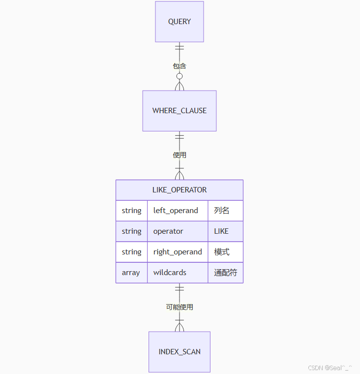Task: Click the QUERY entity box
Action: click(180, 22)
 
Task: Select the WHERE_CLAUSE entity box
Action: click(180, 111)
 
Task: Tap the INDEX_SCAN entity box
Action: click(180, 352)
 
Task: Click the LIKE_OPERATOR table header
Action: click(180, 190)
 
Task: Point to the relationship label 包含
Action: click(180, 66)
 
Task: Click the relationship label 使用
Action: click(180, 155)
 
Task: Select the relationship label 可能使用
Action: click(180, 307)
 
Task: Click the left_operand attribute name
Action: click(176, 211)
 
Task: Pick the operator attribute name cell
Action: click(168, 231)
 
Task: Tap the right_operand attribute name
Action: click(178, 252)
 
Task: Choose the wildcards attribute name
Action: click(170, 273)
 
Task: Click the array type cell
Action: click(131, 273)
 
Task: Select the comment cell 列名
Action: click(222, 211)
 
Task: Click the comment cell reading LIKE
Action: click(221, 231)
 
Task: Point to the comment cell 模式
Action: click(222, 252)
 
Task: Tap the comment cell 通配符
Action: click(225, 273)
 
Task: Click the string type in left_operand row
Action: click(131, 211)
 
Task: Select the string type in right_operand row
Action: click(131, 252)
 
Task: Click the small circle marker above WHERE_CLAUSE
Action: click(180, 76)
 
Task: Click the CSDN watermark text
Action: click(330, 368)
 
